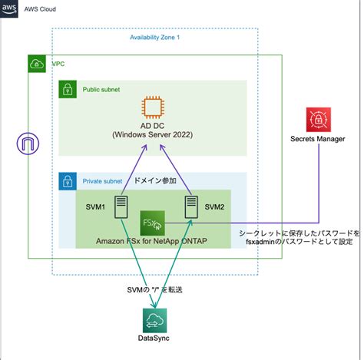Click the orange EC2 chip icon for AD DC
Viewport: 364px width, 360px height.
[154, 108]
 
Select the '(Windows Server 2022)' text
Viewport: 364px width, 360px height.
[155, 135]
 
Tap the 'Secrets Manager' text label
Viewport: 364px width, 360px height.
[317, 139]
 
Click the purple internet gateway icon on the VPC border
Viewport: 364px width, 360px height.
[28, 143]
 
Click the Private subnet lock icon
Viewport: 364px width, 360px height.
[68, 181]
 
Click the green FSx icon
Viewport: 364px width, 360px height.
[151, 223]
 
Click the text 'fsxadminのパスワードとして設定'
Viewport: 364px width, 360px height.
[300, 241]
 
